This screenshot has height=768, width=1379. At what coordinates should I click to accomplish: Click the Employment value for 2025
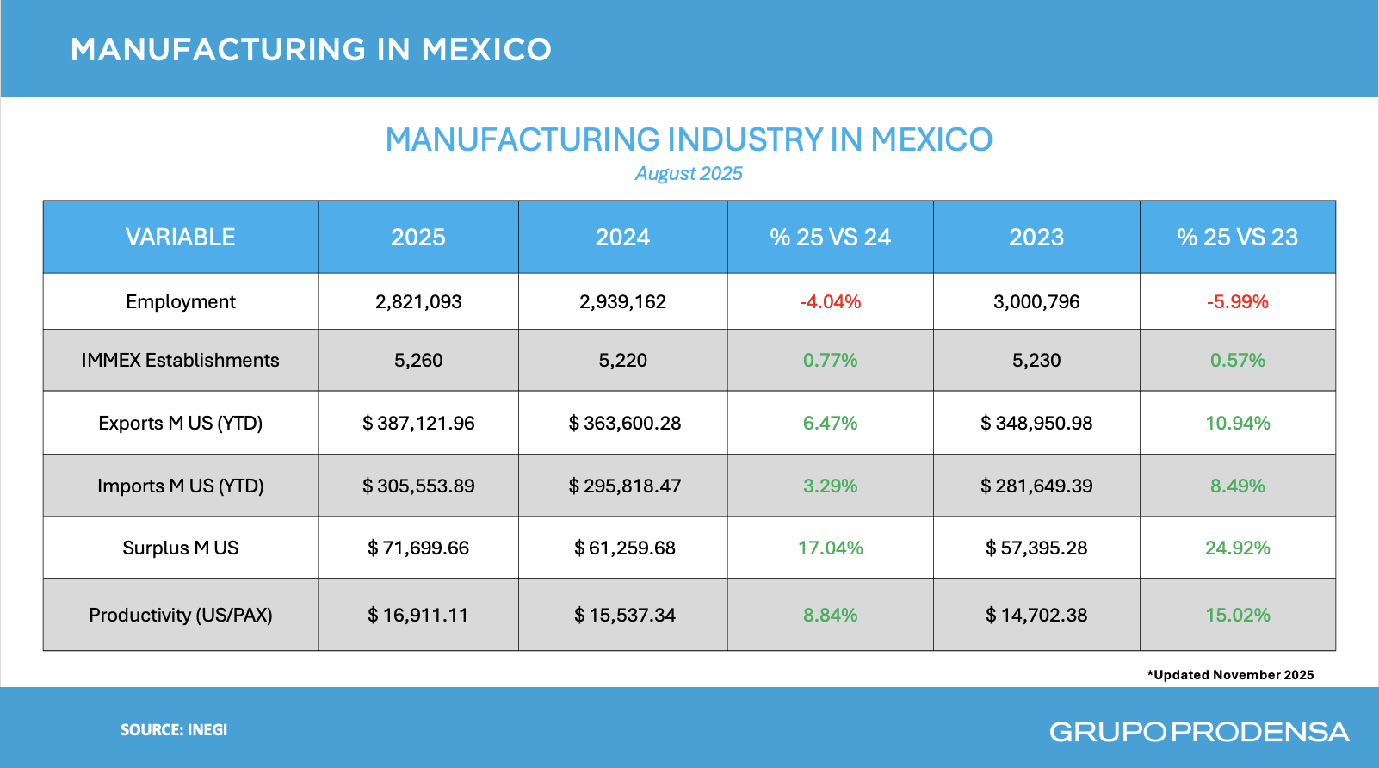coord(418,302)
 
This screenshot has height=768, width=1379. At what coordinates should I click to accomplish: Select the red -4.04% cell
coord(830,302)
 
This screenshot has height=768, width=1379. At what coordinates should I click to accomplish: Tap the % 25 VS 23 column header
coord(1237,238)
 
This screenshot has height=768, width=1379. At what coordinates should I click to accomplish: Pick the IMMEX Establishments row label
coord(181,361)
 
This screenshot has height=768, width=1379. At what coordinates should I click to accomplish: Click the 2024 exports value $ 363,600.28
coord(624,424)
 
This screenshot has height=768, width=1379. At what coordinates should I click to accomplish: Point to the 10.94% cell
coord(1237,424)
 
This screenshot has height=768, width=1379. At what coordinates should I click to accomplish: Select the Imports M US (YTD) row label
coord(181,486)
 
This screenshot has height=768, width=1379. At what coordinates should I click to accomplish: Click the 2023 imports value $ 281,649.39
coord(1036,486)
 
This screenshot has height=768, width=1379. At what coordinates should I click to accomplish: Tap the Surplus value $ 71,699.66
coord(418,548)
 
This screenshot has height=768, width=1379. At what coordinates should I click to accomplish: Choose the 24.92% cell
coord(1237,548)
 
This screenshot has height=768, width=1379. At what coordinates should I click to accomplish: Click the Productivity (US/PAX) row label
coord(181,616)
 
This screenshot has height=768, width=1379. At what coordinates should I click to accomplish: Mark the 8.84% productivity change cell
coord(830,616)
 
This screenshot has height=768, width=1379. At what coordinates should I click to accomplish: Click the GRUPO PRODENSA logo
coord(1199,732)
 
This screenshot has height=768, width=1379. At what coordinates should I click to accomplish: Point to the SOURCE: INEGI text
coord(174,730)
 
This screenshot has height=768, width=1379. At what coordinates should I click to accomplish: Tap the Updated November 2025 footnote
coord(1230,675)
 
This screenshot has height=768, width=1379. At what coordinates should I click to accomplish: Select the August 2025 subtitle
coord(689,174)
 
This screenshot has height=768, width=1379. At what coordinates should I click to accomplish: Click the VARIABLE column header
coord(181,238)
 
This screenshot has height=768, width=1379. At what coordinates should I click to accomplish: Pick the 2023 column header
coord(1036,238)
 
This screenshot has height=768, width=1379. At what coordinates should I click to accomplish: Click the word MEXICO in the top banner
coord(486,50)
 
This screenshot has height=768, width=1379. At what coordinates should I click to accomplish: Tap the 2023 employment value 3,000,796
coord(1036,302)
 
